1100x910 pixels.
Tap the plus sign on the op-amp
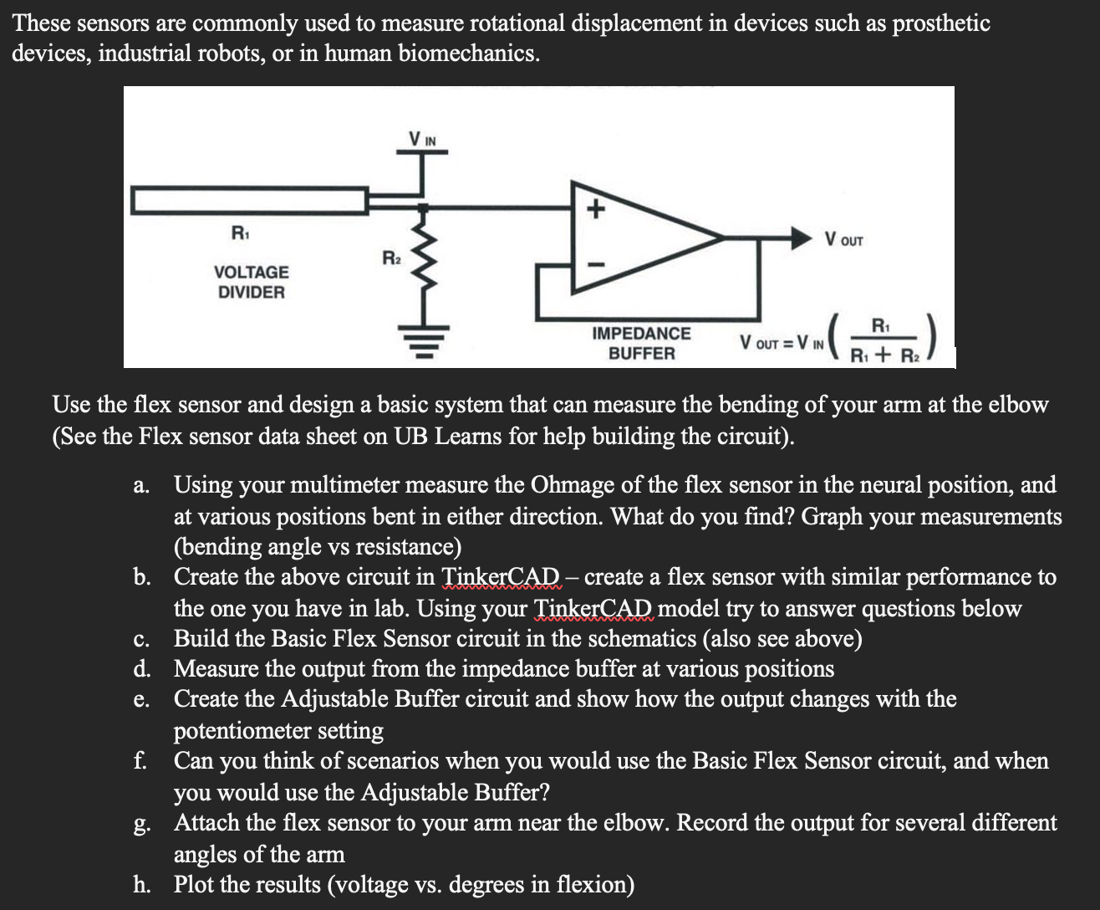[594, 209]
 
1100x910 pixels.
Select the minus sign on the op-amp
[594, 264]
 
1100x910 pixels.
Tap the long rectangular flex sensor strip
[249, 201]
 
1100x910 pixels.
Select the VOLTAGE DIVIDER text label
[251, 282]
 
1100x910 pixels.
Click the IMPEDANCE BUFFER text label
[641, 343]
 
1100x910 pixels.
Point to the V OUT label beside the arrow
[843, 240]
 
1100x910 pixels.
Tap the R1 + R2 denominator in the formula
[885, 355]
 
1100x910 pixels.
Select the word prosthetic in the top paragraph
[941, 23]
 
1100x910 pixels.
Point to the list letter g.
[141, 825]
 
